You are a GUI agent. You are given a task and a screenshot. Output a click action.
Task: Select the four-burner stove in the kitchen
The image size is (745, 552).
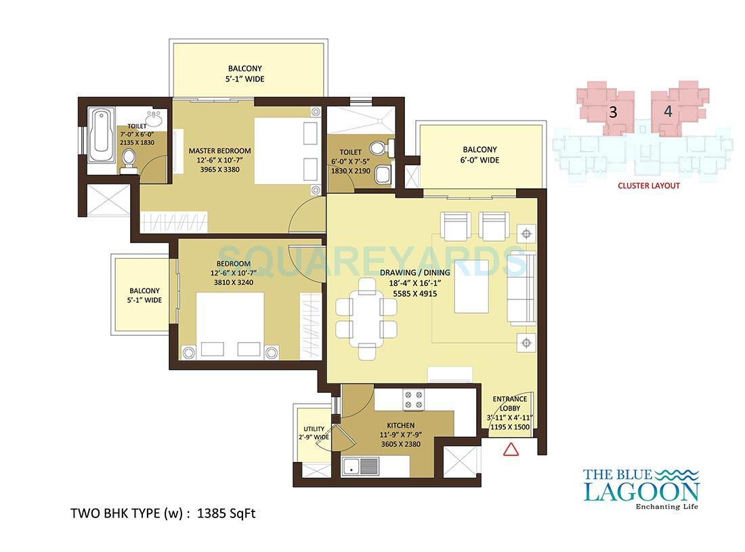pos(413,400)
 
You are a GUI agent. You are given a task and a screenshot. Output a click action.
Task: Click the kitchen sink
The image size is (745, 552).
pos(361,466)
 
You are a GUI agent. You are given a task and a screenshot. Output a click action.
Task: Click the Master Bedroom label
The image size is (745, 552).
pos(219,150)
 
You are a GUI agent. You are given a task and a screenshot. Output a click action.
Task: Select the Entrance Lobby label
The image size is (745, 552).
pos(509,404)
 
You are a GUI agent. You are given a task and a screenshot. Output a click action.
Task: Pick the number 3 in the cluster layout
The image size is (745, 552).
pos(613,113)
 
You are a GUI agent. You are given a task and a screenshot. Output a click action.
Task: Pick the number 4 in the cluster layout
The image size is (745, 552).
pos(668,113)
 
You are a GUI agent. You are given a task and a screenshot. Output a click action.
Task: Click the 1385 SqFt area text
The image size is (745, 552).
pos(226,513)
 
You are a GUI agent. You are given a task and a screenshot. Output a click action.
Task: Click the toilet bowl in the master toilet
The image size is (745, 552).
pos(129,159)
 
